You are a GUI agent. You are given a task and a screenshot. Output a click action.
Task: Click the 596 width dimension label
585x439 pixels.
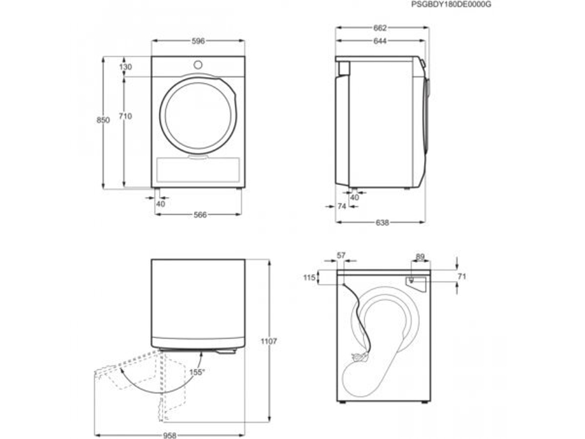[198, 41]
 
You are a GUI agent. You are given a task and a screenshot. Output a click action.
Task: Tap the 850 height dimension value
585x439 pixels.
[103, 120]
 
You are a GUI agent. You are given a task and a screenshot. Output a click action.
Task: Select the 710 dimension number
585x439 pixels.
[125, 116]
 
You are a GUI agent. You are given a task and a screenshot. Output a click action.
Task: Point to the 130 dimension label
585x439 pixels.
[125, 67]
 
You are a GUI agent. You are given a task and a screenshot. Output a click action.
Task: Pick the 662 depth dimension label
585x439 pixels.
[380, 28]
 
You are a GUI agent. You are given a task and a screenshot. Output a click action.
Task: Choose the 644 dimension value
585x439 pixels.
[380, 41]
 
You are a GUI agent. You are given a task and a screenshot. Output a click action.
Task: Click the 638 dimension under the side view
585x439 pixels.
[382, 222]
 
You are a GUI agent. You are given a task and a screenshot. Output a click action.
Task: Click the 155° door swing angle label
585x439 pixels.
[196, 371]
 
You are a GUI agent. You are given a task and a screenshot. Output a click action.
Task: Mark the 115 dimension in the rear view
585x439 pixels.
[310, 277]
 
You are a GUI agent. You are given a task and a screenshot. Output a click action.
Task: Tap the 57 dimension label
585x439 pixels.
[342, 256]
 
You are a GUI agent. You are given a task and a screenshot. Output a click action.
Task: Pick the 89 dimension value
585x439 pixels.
[420, 256]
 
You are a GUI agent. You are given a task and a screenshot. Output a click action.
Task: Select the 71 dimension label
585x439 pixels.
[462, 276]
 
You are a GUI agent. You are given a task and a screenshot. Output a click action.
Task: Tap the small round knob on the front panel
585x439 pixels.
[198, 64]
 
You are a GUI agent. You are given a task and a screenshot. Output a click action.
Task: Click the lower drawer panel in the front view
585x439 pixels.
[198, 170]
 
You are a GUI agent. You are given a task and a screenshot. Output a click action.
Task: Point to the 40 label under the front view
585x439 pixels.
[161, 204]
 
